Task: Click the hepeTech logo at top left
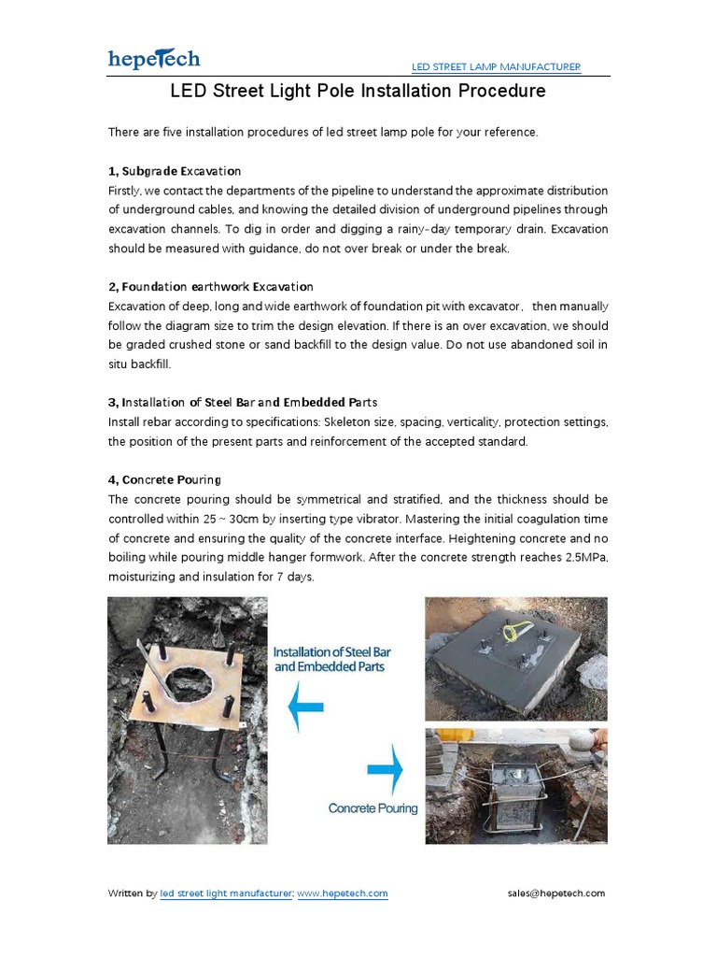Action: (x=154, y=59)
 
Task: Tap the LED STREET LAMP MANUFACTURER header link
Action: (x=497, y=67)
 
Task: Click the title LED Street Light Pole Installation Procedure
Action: (x=358, y=92)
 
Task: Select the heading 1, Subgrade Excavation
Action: (x=175, y=171)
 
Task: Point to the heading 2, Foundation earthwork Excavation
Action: (x=211, y=286)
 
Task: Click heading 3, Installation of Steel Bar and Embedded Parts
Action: (x=243, y=402)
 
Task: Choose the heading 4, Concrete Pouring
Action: (x=165, y=479)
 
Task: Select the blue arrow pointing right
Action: (x=385, y=771)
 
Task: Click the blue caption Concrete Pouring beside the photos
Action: (x=373, y=808)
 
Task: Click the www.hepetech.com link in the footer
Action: (x=343, y=893)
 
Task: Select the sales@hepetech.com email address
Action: (x=556, y=893)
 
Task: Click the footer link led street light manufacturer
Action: (x=227, y=893)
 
